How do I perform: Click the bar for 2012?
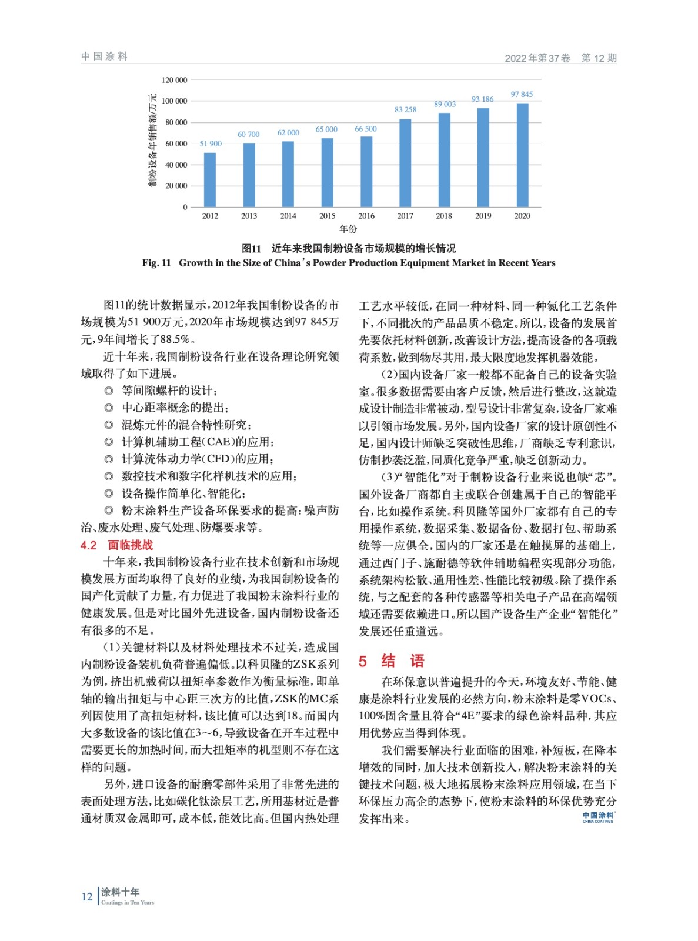(210, 180)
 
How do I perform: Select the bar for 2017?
(405, 163)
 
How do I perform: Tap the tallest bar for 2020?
(522, 155)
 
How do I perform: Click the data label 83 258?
(405, 110)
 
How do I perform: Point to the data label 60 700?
(248, 135)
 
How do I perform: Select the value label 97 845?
(522, 95)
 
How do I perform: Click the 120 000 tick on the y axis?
(174, 80)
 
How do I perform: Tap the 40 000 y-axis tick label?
(176, 165)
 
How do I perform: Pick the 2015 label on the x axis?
(327, 216)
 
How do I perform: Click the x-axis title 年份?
(348, 229)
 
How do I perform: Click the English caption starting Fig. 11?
(349, 263)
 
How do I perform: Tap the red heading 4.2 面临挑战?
(116, 545)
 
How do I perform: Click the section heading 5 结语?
(392, 661)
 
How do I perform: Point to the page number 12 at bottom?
(87, 897)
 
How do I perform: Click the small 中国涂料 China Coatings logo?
(597, 817)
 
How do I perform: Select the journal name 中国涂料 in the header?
(104, 56)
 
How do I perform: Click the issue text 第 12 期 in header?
(599, 58)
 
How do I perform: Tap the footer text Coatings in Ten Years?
(128, 902)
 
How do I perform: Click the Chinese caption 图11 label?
(251, 248)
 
